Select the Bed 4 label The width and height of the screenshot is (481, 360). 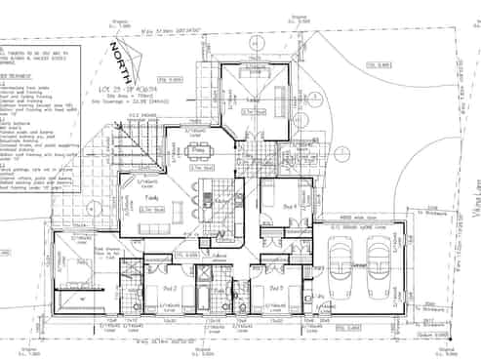[290, 208]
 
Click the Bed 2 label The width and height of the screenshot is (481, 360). [168, 289]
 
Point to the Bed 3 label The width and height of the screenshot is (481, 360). [276, 289]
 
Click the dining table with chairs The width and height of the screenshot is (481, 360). [198, 149]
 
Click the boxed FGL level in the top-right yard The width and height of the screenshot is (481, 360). [379, 65]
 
